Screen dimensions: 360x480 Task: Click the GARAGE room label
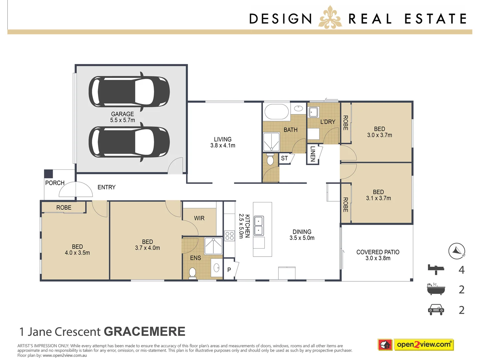(x=122, y=117)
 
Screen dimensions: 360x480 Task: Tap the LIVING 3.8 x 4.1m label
(x=223, y=142)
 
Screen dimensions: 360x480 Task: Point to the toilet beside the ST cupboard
(x=270, y=160)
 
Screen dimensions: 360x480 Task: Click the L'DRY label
(x=327, y=122)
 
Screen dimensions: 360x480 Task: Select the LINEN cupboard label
(x=313, y=154)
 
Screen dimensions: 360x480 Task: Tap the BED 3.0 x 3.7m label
(x=379, y=132)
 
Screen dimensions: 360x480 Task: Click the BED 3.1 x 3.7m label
(x=378, y=195)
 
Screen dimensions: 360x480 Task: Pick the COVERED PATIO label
(x=378, y=255)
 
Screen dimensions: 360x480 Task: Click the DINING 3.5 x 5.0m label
(x=302, y=235)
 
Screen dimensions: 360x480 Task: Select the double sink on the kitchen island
(x=259, y=226)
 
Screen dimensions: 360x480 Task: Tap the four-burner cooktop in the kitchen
(x=230, y=236)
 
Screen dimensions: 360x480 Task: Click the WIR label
(x=199, y=218)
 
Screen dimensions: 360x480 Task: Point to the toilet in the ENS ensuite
(x=192, y=273)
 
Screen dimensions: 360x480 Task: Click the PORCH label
(x=55, y=183)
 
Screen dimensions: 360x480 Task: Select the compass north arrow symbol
(x=456, y=251)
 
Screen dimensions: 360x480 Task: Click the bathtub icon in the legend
(x=436, y=289)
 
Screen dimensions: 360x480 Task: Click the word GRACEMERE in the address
(x=144, y=332)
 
